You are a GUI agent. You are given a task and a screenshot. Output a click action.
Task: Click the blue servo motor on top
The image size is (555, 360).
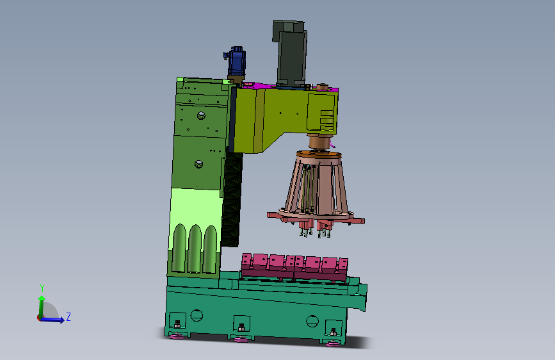pos(236,61)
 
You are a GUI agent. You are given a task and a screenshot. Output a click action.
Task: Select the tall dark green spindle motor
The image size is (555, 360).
pos(290,53)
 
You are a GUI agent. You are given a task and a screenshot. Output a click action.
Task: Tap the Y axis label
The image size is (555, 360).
pos(42,288)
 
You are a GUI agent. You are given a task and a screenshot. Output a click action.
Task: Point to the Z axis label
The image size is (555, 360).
pos(68,316)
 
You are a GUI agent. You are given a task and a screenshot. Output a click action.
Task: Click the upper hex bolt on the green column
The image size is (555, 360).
pos(201,115)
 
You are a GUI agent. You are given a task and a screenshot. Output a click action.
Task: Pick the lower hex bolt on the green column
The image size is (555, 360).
pos(198,164)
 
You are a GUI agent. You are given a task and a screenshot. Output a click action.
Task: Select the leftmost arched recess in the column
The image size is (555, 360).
pos(179,248)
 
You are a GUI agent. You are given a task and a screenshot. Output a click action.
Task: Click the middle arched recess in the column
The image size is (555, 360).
pos(195,249)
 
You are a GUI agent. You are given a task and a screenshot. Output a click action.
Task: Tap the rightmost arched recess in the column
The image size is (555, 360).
pos(210,250)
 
